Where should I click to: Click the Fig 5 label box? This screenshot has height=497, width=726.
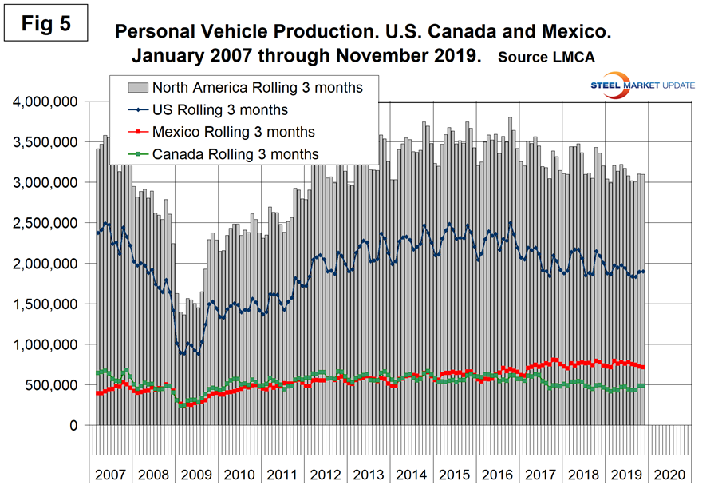(x=47, y=23)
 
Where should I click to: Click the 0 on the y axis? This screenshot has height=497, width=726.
(x=77, y=426)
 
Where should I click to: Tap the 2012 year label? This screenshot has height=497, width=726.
(x=326, y=474)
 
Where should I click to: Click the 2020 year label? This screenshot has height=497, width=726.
(x=669, y=474)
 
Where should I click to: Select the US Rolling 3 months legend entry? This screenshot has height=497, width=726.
(x=219, y=109)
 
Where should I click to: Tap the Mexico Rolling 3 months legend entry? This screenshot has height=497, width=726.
(x=233, y=132)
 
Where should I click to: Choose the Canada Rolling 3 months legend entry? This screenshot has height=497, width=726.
(x=235, y=154)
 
